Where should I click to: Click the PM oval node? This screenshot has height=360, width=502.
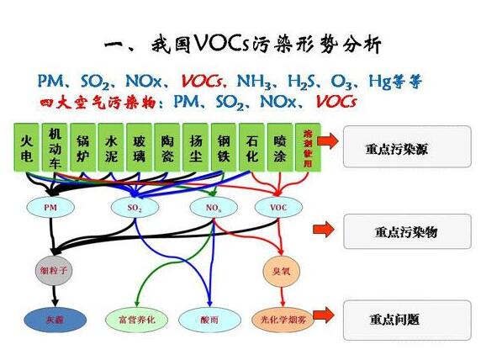(x=50, y=207)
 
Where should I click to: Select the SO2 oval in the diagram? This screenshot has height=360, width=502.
(x=135, y=207)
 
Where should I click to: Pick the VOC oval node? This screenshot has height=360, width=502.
(x=278, y=207)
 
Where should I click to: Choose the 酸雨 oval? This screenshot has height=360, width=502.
(x=210, y=320)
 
